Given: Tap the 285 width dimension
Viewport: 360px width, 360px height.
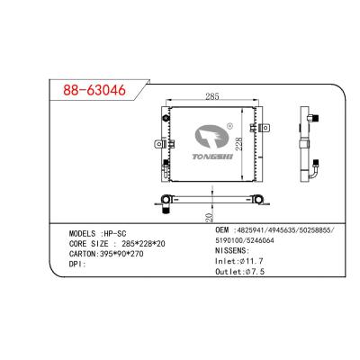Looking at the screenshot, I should (x=213, y=94).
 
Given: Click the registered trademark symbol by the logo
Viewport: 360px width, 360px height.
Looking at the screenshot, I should (x=230, y=127).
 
